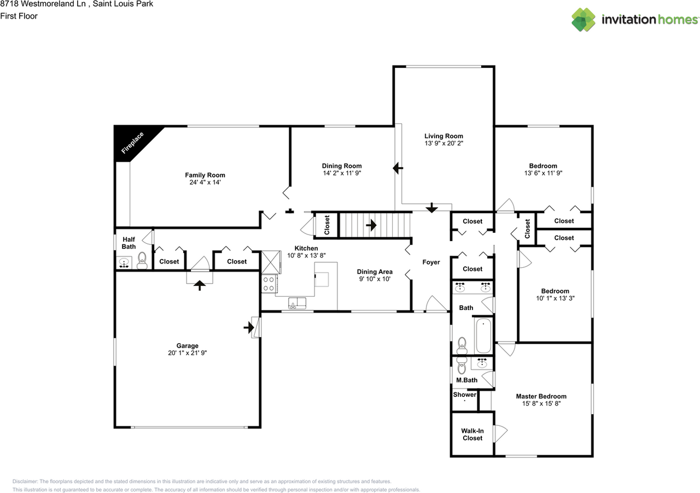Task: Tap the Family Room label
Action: pos(205,175)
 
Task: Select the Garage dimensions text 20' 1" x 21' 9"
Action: pos(187,353)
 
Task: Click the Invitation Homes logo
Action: pos(635,20)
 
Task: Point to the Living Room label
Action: pos(444,136)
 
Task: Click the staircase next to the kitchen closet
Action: pos(375,225)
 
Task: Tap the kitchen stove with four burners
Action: pos(269,283)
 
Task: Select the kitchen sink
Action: pos(297,303)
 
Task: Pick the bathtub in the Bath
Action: pos(483,336)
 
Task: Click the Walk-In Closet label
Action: pos(472,434)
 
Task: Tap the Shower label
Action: pos(464,395)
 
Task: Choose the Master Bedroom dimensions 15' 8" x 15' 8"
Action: pos(541,404)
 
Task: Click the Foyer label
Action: pos(431,262)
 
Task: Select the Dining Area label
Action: pos(375,272)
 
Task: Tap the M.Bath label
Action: pos(466,380)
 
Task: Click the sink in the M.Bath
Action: pos(482,363)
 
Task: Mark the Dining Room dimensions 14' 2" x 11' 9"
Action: pos(342,173)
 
